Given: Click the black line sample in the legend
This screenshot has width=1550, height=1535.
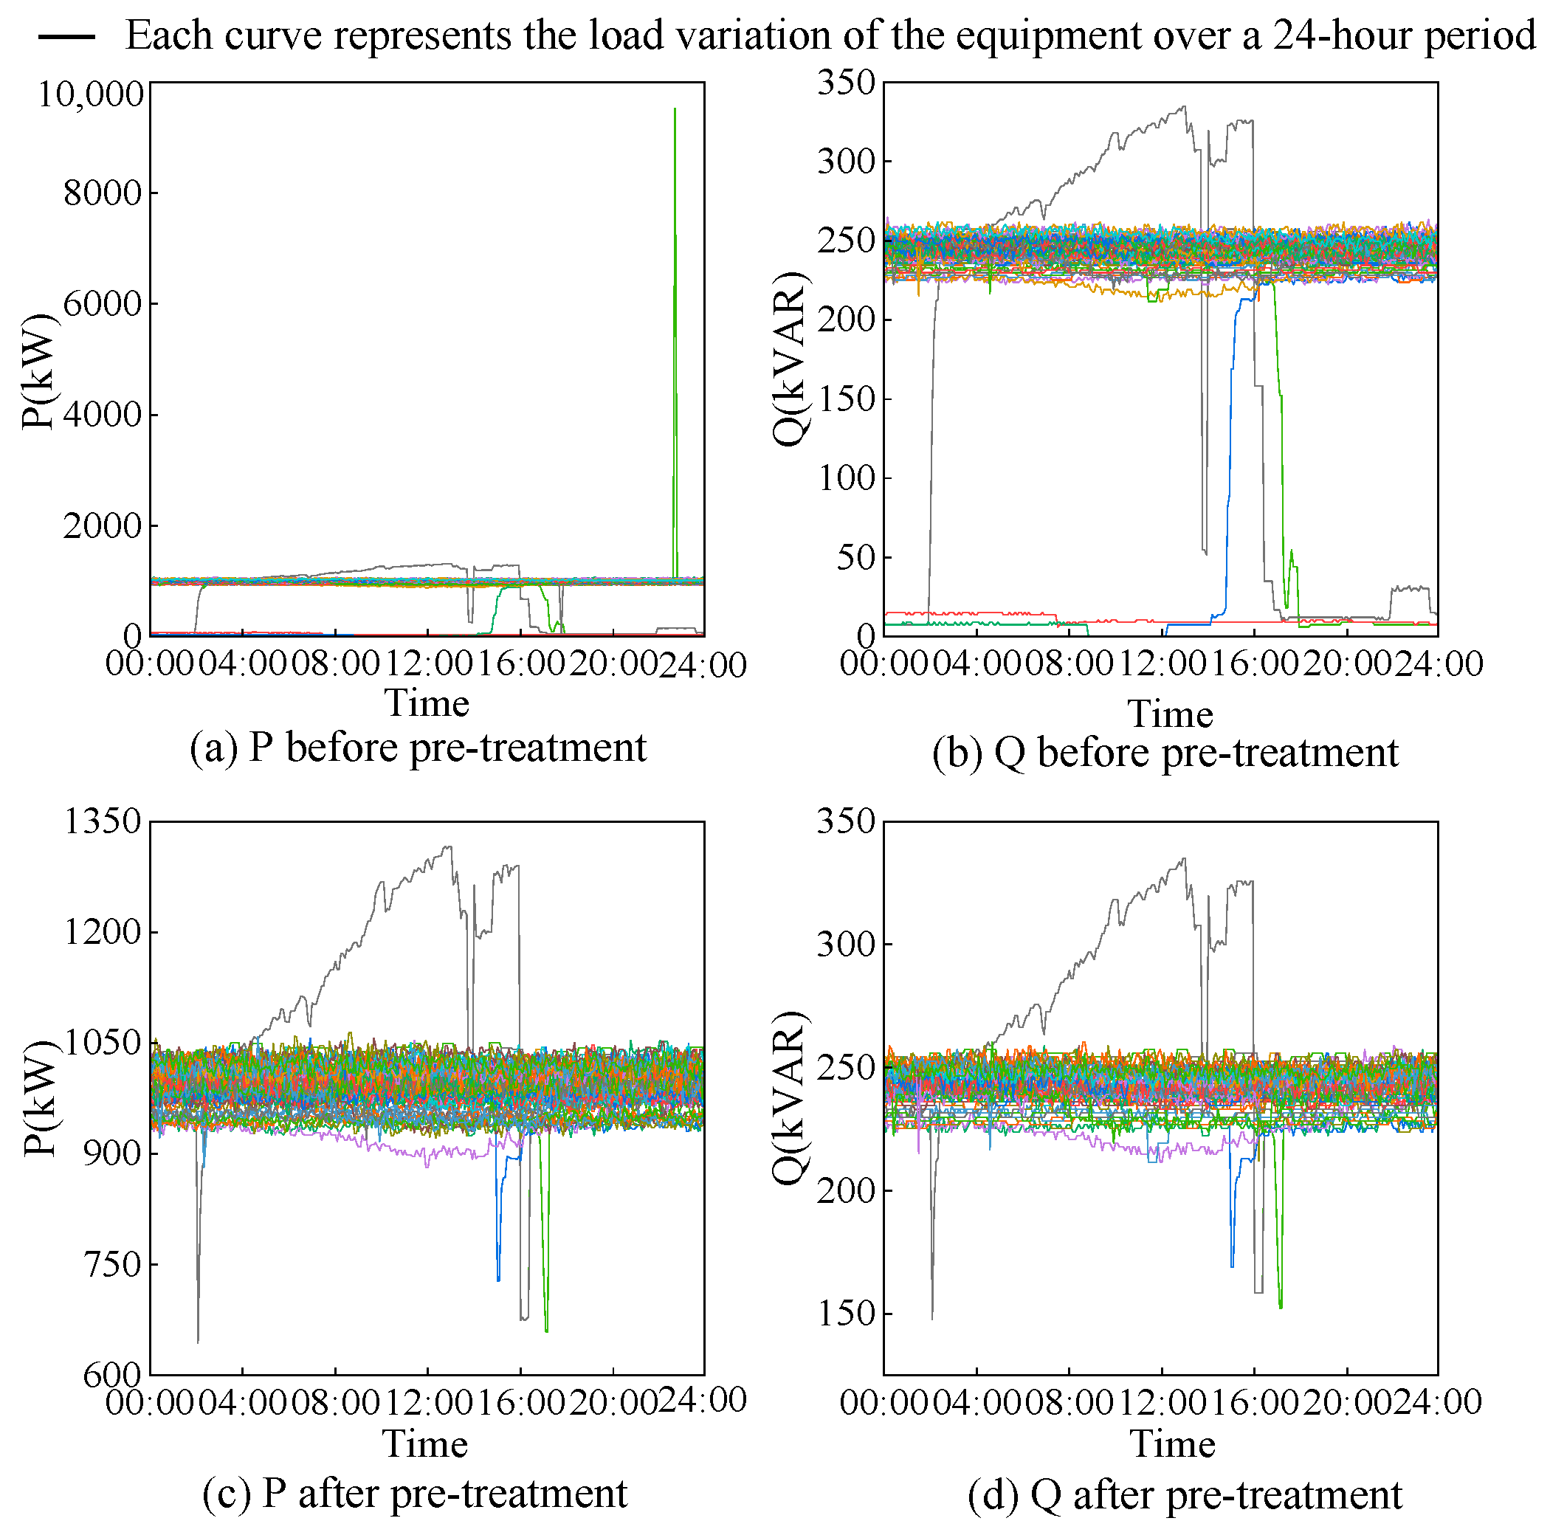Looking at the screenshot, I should pos(66,37).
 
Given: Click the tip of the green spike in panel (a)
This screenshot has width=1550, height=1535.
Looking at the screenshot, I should pos(675,109).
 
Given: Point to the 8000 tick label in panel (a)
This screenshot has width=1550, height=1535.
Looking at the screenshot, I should pos(103,193).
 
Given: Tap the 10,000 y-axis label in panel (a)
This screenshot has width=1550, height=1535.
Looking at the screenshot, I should pos(91,94).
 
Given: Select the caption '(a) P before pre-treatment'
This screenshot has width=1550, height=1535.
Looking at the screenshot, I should pos(418,748).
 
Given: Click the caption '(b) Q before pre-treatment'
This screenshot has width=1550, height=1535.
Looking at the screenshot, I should pos(1165,753).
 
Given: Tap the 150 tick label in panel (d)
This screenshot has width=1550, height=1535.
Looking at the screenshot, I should pos(846,1313).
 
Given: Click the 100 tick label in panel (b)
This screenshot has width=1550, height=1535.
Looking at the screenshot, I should pos(846,478).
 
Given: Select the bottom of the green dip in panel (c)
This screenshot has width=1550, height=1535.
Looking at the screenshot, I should pos(546,1332).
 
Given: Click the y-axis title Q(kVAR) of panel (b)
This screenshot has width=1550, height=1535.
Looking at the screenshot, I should pos(790,359).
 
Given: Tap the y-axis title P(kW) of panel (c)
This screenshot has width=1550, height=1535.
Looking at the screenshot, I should pos(40,1099).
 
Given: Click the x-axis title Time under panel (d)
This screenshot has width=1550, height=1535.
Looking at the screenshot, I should pos(1172,1443).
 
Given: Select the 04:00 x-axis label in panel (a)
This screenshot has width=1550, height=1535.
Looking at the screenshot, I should pos(242,665).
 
